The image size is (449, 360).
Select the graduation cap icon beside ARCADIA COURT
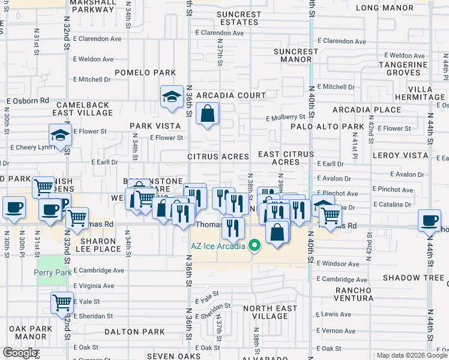click(172, 97)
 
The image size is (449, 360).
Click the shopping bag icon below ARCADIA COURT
click(207, 113)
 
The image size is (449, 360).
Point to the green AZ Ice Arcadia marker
click(255, 245)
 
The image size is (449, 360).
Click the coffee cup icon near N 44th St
click(430, 220)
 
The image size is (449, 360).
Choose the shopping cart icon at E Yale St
click(62, 303)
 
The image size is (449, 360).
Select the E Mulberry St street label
click(286, 118)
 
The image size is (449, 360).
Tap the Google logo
click(20, 353)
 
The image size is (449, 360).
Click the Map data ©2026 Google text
click(411, 355)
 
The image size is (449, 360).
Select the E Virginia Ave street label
click(93, 286)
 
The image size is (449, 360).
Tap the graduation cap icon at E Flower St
click(61, 136)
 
